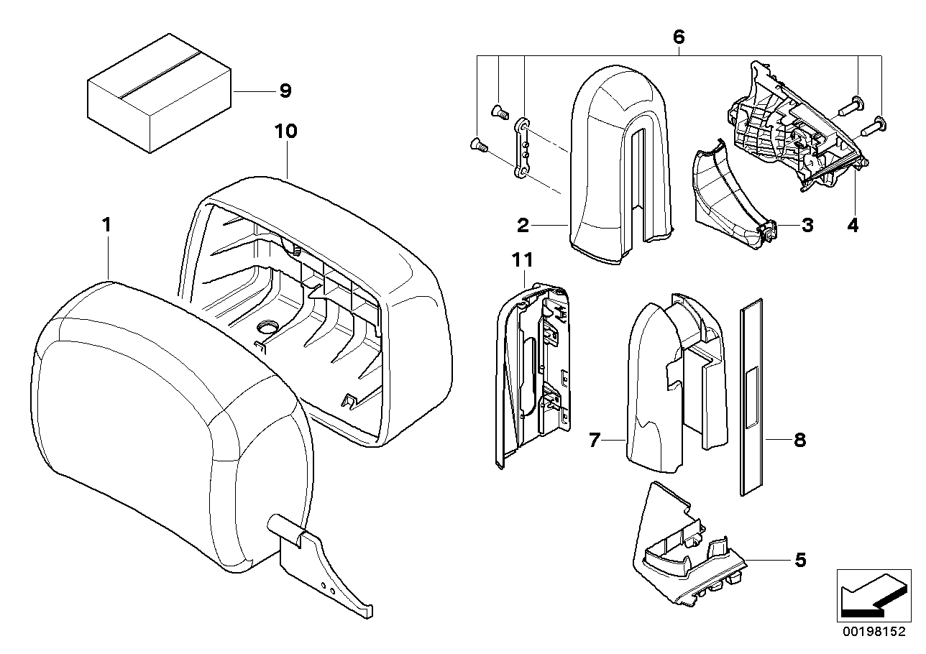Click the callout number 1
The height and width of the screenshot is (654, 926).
tap(106, 225)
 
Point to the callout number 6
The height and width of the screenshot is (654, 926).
tap(679, 36)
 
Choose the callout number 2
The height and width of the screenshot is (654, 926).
tap(523, 226)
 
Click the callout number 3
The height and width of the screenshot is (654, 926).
tap(807, 226)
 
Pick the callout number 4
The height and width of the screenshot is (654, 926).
tap(852, 225)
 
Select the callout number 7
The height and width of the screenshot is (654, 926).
tap(594, 439)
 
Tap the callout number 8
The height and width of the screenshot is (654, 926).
tap(799, 439)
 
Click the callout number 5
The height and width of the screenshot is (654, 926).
tap(800, 558)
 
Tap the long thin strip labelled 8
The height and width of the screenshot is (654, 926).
tap(751, 395)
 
